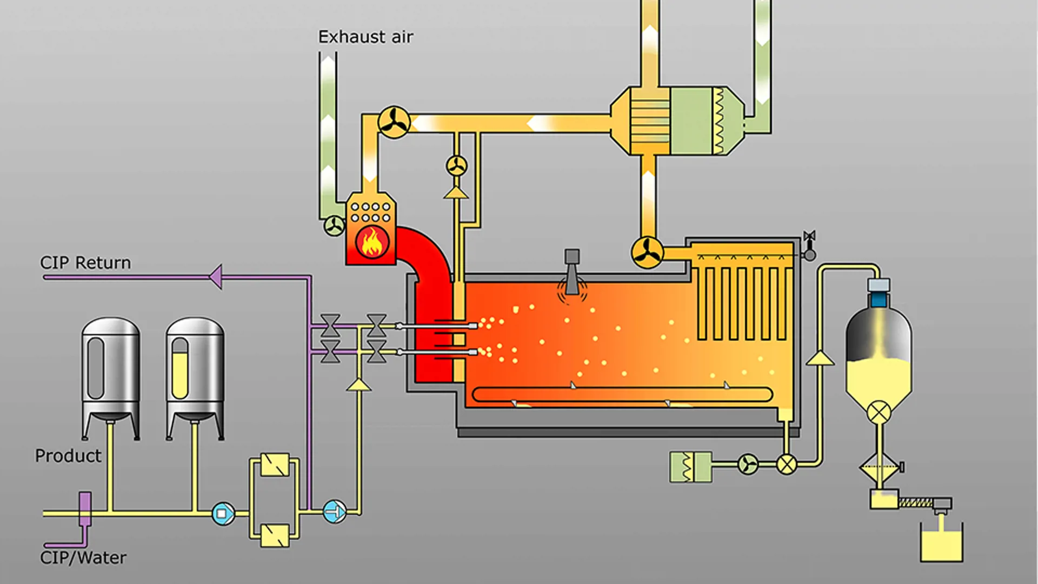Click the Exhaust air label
(365, 37)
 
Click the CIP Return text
(85, 263)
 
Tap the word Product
(68, 456)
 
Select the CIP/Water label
(83, 558)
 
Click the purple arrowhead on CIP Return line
(216, 277)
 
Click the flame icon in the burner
(372, 242)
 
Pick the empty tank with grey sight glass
(111, 373)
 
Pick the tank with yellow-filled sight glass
(195, 373)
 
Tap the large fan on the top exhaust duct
(394, 122)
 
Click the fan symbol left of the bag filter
(647, 253)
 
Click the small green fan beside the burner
(334, 225)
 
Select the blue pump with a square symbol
(223, 513)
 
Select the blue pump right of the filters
(334, 512)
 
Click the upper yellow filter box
(275, 464)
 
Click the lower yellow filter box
(275, 535)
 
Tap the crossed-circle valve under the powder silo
(879, 413)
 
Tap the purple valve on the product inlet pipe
(85, 508)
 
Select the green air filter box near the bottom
(690, 467)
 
